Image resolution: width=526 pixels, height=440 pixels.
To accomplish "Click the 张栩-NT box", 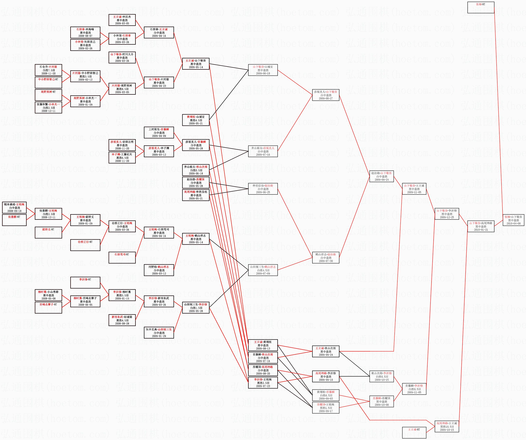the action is (x=481, y=7).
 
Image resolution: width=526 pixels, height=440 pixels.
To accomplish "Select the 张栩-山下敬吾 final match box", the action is (x=513, y=220).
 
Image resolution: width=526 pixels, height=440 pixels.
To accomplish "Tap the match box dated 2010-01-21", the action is (x=481, y=226).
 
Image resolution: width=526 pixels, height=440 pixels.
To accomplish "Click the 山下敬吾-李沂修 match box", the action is (x=447, y=214).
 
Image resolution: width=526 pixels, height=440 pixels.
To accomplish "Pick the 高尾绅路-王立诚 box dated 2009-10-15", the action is (x=447, y=426).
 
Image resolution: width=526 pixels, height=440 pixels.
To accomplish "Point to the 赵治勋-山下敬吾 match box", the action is (x=381, y=176).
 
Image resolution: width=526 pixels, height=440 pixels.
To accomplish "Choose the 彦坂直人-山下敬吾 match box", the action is (x=326, y=95).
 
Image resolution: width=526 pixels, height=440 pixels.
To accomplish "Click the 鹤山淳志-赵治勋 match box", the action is (x=326, y=257).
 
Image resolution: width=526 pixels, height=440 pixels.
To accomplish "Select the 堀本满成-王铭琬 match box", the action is (x=14, y=208).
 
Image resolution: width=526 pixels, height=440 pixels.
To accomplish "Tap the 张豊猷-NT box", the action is (x=14, y=220).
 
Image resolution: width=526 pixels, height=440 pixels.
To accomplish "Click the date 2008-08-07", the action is (x=85, y=36).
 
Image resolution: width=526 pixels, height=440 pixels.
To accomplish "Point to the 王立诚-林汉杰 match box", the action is (x=122, y=20).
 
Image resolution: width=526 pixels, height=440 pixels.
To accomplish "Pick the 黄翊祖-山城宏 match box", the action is (x=196, y=120).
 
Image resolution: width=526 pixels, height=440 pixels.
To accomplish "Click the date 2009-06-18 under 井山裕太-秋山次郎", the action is (x=196, y=174).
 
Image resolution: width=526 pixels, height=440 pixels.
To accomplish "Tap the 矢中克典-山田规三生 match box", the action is (x=159, y=332).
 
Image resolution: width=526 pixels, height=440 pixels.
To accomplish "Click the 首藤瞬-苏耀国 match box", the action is (x=381, y=401).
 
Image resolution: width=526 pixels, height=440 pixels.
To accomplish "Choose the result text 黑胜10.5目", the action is (x=447, y=426).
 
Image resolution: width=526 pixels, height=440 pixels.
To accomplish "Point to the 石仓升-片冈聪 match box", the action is (x=48, y=70).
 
